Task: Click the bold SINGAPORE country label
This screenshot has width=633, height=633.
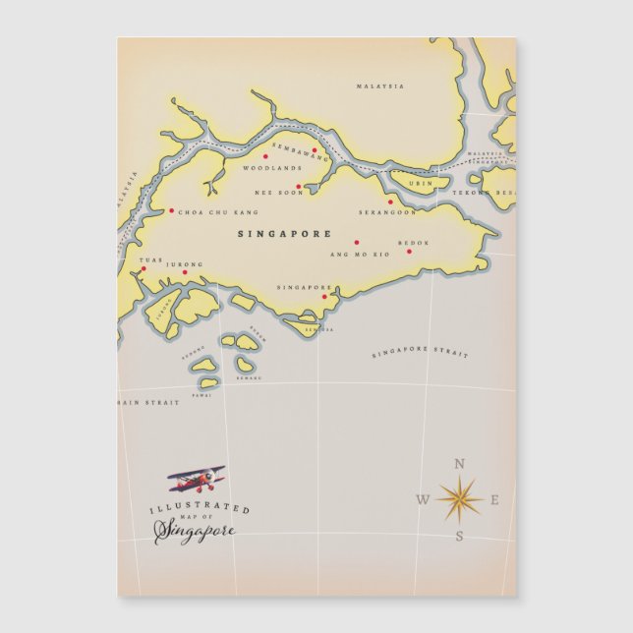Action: tap(284, 235)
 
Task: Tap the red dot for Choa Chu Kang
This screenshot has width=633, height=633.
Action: tap(171, 210)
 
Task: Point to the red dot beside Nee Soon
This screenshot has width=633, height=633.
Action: tap(299, 186)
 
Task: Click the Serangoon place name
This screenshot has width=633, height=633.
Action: tap(386, 212)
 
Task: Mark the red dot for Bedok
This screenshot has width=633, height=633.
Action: tap(410, 250)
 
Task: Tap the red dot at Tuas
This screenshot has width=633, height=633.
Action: tap(142, 268)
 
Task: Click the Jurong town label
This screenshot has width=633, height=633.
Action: tap(185, 264)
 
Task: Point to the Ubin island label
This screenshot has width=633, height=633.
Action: tap(420, 184)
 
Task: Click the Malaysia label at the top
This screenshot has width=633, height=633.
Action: tap(379, 86)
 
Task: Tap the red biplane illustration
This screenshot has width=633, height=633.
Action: tap(196, 480)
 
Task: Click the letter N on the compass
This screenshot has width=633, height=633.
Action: tap(459, 465)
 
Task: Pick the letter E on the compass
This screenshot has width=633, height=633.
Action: tap(494, 500)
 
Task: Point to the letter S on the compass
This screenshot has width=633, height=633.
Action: tap(459, 536)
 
